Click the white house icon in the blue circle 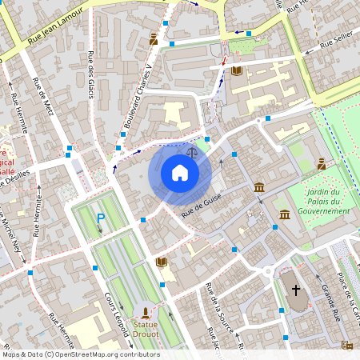click(x=180, y=173)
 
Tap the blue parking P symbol click(x=101, y=218)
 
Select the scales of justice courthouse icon click(x=191, y=150)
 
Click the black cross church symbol click(x=295, y=290)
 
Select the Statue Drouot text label click(x=145, y=330)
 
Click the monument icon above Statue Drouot click(x=145, y=312)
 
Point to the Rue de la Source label click(x=210, y=304)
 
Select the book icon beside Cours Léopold click(x=162, y=262)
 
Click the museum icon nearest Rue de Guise click(x=259, y=187)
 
